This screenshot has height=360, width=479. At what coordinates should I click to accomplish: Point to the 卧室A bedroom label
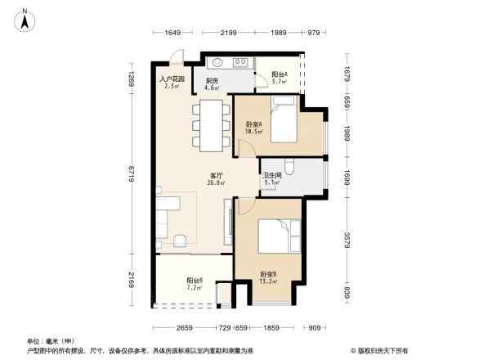(253, 128)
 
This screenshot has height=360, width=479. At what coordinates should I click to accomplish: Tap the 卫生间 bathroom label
(271, 179)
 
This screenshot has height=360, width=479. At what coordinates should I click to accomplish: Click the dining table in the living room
(210, 126)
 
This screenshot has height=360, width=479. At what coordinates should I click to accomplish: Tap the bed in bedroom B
(279, 236)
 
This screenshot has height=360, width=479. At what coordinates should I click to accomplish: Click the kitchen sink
(216, 62)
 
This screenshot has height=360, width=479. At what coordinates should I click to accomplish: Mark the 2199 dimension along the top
(228, 33)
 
